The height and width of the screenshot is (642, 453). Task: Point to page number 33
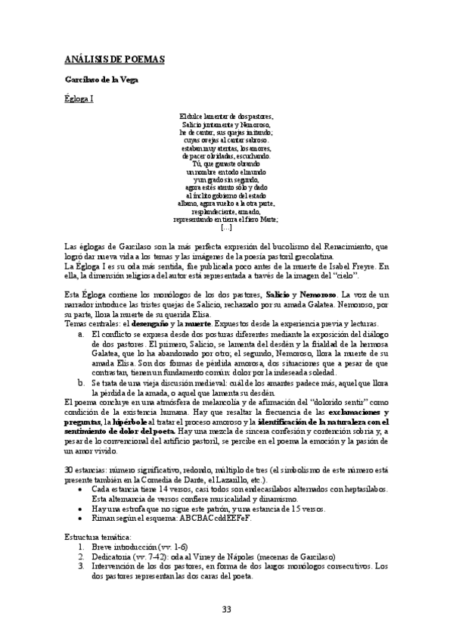226,610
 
